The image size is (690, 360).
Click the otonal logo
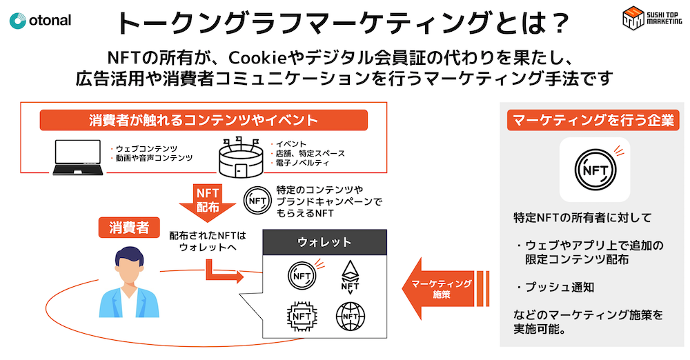[40, 20]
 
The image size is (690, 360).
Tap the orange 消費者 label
[129, 228]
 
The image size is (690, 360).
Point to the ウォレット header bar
[324, 242]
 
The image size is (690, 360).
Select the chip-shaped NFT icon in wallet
[302, 317]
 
